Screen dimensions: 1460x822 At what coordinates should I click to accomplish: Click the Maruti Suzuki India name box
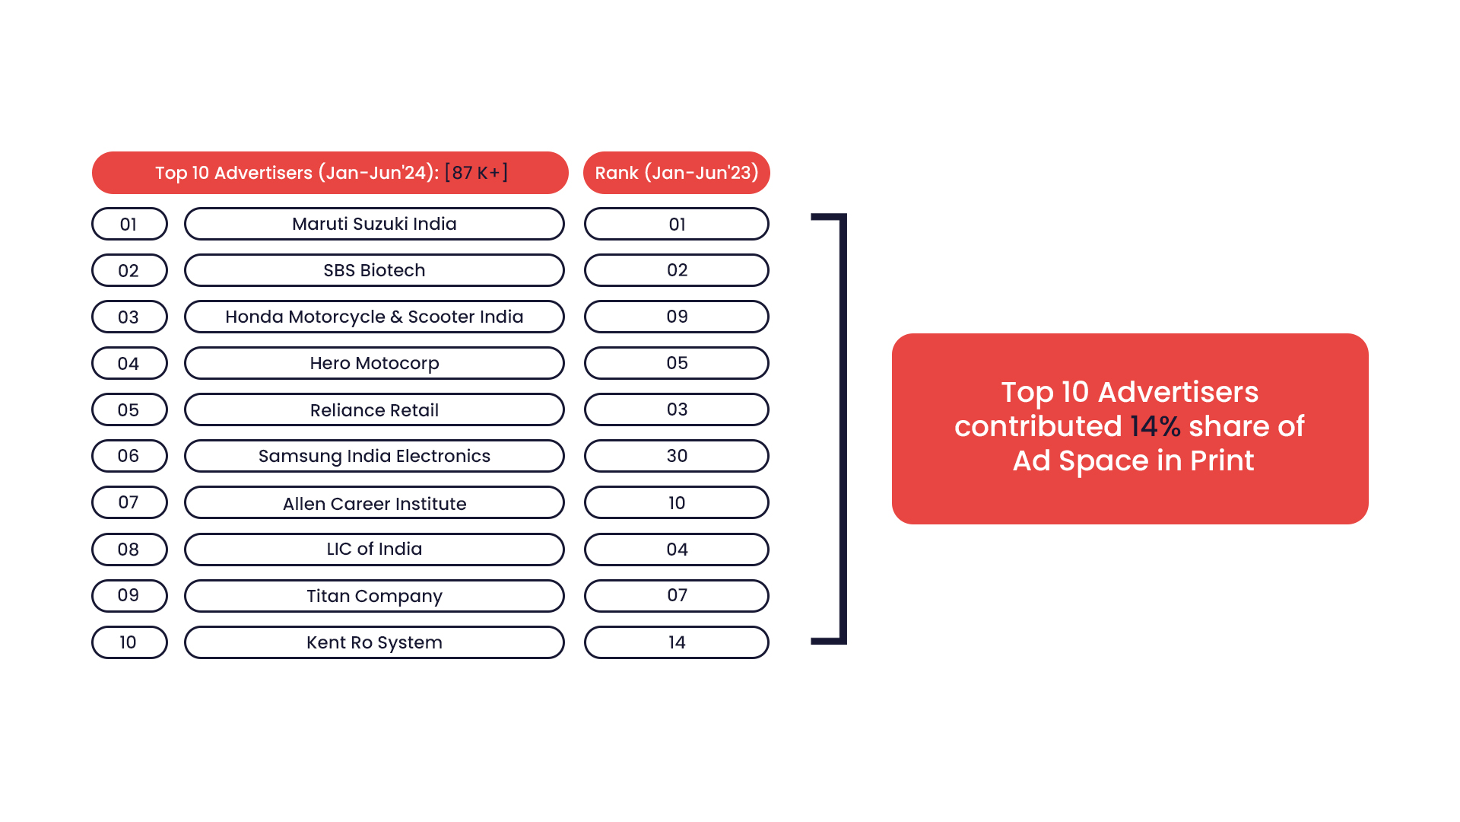pyautogui.click(x=374, y=224)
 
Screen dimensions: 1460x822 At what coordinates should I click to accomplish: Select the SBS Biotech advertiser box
pyautogui.click(x=374, y=270)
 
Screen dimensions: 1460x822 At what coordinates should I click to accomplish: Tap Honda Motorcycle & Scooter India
pyautogui.click(x=374, y=317)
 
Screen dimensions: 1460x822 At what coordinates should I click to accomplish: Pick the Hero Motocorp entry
pyautogui.click(x=374, y=363)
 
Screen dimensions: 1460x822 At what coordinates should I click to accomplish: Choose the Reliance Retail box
pyautogui.click(x=374, y=409)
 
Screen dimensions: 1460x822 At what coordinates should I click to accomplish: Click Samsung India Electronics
pyautogui.click(x=374, y=456)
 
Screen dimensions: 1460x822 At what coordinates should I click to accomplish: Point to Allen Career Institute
pyautogui.click(x=374, y=502)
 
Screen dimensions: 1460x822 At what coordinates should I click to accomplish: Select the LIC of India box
pyautogui.click(x=374, y=550)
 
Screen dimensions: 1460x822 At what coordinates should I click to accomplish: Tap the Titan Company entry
pyautogui.click(x=374, y=596)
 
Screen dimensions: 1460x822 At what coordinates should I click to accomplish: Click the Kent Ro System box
pyautogui.click(x=374, y=642)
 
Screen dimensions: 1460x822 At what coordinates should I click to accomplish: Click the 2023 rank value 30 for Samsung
pyautogui.click(x=677, y=456)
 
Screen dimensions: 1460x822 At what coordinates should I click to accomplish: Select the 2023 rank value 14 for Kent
pyautogui.click(x=677, y=642)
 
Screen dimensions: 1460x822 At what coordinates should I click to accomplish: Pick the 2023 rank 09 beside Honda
pyautogui.click(x=677, y=317)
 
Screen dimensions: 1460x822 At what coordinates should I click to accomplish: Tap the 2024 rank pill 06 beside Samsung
pyautogui.click(x=129, y=456)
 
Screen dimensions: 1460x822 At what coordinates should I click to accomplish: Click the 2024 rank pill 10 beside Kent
pyautogui.click(x=129, y=642)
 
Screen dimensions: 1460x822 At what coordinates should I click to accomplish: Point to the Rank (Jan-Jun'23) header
pyautogui.click(x=677, y=173)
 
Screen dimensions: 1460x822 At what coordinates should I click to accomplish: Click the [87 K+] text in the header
pyautogui.click(x=476, y=173)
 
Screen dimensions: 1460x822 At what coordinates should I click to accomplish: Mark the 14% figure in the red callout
pyautogui.click(x=1155, y=426)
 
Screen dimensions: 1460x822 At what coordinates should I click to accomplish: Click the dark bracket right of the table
pyautogui.click(x=843, y=429)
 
